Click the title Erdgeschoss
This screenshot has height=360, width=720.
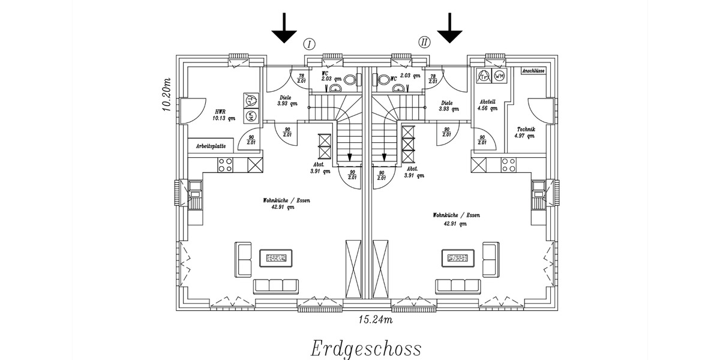pos(365,347)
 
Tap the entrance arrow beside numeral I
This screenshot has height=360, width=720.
pos(284,28)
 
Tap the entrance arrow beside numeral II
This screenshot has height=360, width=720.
pos(449,28)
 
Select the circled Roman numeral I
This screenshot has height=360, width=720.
pos(310,43)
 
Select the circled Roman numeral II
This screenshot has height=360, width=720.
pos(424,42)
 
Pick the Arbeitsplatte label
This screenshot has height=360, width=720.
pos(211,146)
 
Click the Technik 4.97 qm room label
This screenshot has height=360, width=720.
pos(525,133)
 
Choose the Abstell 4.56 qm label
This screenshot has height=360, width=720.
pos(487,106)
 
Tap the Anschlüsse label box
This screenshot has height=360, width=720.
pos(533,71)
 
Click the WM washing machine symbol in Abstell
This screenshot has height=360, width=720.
pos(499,76)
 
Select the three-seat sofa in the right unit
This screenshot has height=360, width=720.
pos(458,286)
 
